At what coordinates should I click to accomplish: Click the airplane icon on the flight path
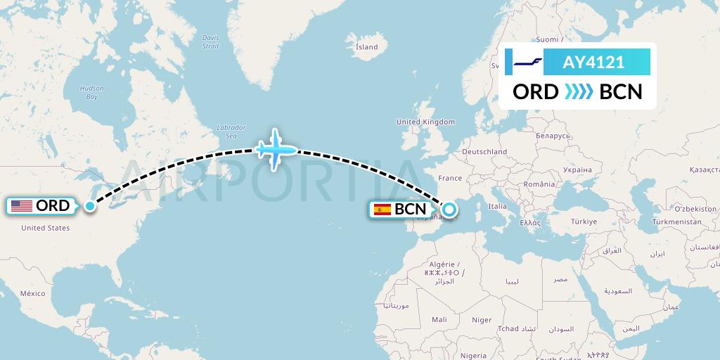275,149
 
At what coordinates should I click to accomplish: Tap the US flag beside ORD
22,206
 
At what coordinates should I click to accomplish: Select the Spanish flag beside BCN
382,209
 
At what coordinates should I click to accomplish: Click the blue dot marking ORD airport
90,206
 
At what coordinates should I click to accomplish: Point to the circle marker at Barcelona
449,209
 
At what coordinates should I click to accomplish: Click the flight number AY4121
593,63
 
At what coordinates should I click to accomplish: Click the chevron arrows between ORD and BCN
579,92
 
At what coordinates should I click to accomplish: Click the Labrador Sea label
231,131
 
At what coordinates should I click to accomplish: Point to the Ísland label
366,47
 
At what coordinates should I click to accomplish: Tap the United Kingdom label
425,122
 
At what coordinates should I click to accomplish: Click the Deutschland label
484,151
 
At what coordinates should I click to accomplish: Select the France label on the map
450,178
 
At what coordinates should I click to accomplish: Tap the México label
32,292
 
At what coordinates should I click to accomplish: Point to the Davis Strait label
210,41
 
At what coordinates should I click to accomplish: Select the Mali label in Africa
439,319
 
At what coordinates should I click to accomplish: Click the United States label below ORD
45,228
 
